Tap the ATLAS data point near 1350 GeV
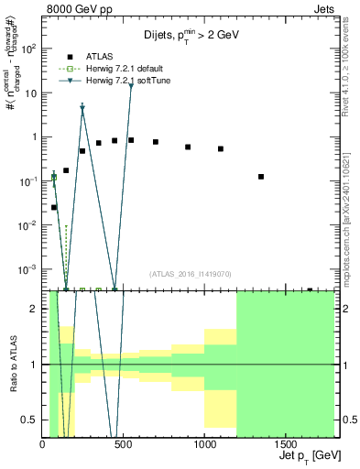tap(261, 177)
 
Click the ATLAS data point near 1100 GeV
tap(221, 148)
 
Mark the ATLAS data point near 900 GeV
tap(188, 147)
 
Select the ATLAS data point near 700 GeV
tap(156, 142)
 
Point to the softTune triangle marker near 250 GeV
tap(82, 108)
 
